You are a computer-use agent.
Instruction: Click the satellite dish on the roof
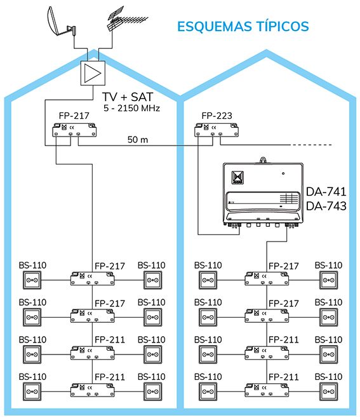(55, 22)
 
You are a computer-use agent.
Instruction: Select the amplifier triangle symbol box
(93, 74)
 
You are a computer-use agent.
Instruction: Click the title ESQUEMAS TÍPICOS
(243, 26)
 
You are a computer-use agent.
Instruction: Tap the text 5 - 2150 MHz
(131, 108)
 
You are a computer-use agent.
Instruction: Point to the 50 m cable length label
(138, 140)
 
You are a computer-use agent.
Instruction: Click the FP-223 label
(217, 116)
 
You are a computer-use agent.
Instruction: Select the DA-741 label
(326, 192)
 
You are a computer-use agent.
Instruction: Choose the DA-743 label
(326, 206)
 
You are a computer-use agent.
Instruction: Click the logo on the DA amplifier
(237, 177)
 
